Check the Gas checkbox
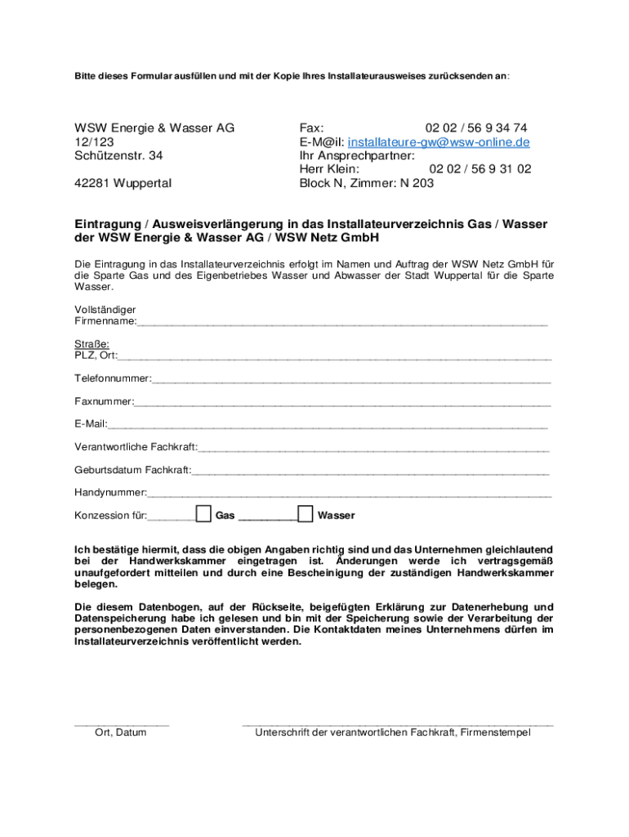pos(203,514)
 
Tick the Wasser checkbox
pos(305,514)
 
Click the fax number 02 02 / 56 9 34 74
pos(475,128)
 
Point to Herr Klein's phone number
pos(480,169)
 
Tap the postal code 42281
pos(91,183)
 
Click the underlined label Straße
pos(91,344)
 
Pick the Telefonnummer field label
pos(113,379)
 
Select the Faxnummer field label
pos(104,402)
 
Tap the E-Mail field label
pos(91,424)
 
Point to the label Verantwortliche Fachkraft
pos(136,447)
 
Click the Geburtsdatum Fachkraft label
pos(132,470)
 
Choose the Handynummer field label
pos(110,493)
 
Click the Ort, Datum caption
pos(121,732)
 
